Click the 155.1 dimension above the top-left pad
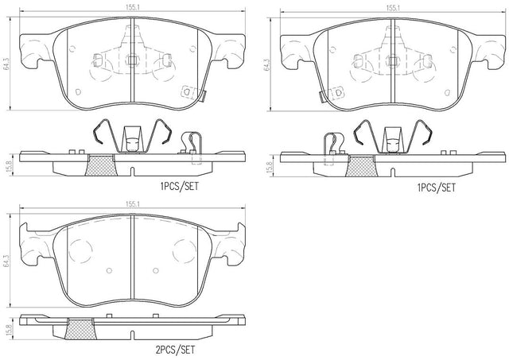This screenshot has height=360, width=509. pyautogui.click(x=133, y=7)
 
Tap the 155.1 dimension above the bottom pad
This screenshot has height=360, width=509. pyautogui.click(x=133, y=204)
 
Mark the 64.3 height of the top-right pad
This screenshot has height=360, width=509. pyautogui.click(x=267, y=64)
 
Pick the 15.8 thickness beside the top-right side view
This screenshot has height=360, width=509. pyautogui.click(x=269, y=165)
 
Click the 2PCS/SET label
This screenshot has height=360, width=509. pyautogui.click(x=175, y=350)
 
